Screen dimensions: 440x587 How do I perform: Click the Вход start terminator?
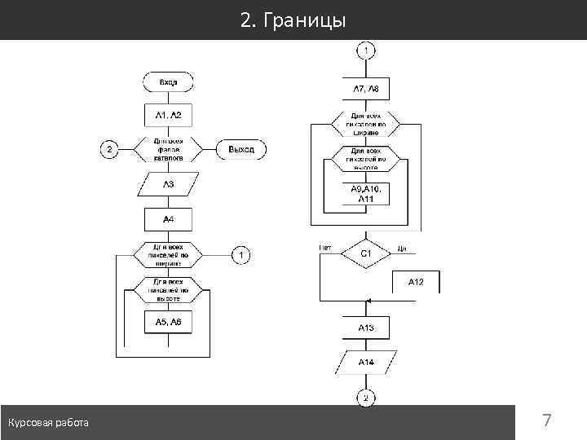point(168,82)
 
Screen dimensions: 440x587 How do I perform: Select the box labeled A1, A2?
point(168,116)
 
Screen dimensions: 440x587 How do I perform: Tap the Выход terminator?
point(241,150)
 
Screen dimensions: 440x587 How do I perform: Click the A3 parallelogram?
point(168,185)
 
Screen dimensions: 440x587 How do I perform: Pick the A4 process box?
point(168,219)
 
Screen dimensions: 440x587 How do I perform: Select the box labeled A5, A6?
point(168,323)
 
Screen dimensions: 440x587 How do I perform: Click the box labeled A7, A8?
point(365,88)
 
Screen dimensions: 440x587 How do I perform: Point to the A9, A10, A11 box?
point(365,193)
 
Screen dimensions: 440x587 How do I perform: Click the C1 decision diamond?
point(366,253)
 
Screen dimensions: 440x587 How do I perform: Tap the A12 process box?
point(416,282)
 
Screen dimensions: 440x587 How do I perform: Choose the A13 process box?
point(366,328)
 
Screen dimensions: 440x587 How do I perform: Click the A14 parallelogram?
point(366,361)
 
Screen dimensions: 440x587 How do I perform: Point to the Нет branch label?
point(325,246)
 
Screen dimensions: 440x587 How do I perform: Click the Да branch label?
point(401,246)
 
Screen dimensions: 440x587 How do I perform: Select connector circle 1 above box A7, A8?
point(365,51)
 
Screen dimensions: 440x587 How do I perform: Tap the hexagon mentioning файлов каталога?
point(168,150)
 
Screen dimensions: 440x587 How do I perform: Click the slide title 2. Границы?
point(293,20)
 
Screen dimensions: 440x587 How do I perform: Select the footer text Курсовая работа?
point(49,422)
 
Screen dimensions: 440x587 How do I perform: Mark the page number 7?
point(547,421)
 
